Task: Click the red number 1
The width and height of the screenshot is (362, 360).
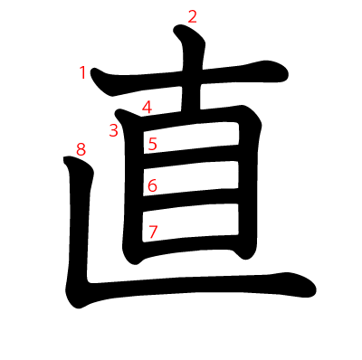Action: (x=83, y=72)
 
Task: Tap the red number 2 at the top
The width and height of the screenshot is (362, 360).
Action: (x=191, y=15)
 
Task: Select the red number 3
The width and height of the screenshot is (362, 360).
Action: (x=113, y=130)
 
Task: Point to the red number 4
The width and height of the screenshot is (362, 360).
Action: (x=147, y=108)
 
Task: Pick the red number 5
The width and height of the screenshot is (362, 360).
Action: (x=153, y=143)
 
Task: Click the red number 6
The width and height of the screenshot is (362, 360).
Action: (x=152, y=185)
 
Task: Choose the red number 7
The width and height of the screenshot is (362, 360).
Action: (x=153, y=232)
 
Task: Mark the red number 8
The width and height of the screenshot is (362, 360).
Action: (x=81, y=150)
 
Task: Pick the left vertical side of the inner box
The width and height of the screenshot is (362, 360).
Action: (x=135, y=190)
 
